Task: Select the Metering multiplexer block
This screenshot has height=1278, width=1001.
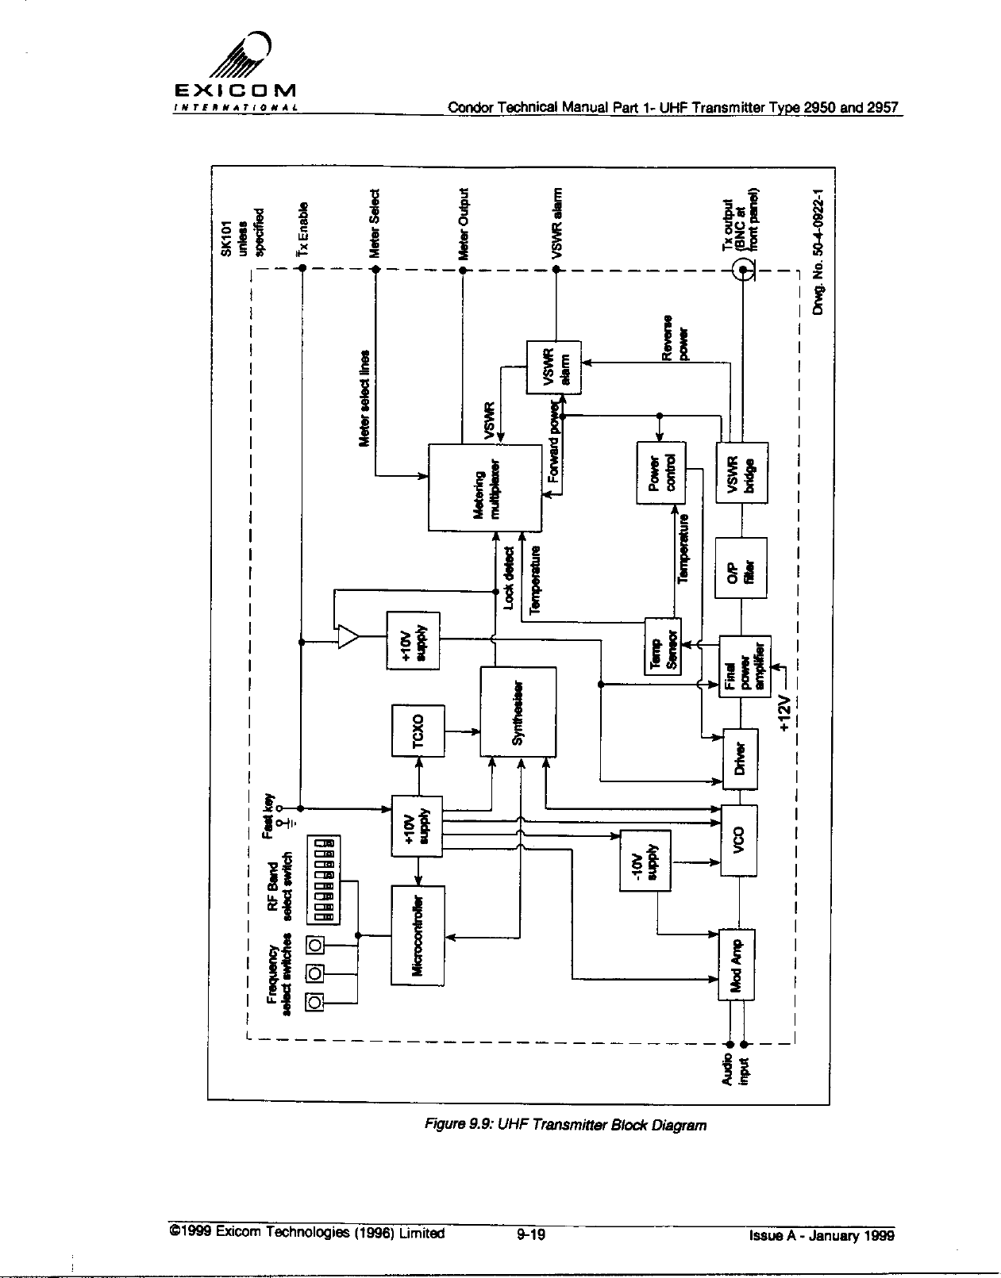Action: click(x=485, y=487)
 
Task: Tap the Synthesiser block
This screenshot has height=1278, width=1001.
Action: click(x=518, y=712)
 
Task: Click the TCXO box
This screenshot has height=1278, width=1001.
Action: click(x=418, y=730)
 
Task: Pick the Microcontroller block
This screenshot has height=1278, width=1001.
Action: click(x=418, y=935)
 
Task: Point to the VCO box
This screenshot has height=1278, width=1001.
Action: click(x=738, y=840)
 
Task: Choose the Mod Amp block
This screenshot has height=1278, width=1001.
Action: click(x=736, y=964)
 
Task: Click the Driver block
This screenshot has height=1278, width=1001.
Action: click(x=739, y=759)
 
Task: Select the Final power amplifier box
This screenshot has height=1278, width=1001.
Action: click(x=745, y=666)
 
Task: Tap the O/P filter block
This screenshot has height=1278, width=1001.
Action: click(x=740, y=569)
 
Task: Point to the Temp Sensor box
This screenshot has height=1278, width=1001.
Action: click(x=662, y=647)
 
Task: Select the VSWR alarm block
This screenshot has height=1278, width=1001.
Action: click(x=554, y=367)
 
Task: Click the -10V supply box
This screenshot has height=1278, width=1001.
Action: click(x=645, y=859)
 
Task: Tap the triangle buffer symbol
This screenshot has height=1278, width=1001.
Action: click(x=348, y=636)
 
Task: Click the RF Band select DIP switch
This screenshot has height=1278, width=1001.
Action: click(x=323, y=879)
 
